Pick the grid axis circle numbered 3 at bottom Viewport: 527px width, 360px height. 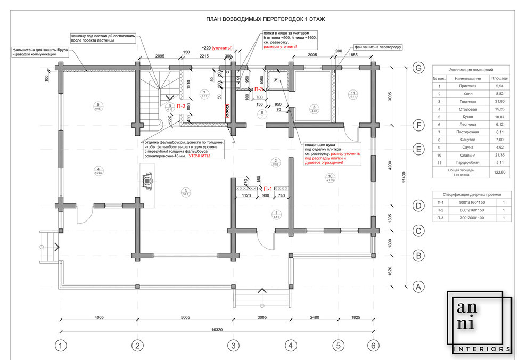point(233,346)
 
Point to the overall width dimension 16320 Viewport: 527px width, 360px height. point(217,330)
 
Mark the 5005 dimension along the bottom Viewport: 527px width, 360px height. point(185,318)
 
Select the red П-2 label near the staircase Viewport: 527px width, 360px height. point(181,107)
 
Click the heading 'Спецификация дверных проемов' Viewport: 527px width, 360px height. point(471,194)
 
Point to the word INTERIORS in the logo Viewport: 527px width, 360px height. point(484,349)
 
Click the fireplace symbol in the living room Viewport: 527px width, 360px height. point(146,181)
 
